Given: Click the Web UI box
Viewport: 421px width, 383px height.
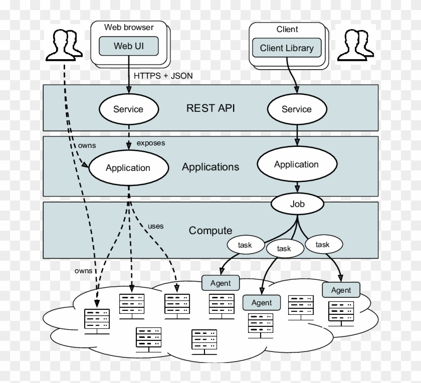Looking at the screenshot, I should pos(129,46).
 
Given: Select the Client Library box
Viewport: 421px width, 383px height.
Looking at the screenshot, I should pos(287,48).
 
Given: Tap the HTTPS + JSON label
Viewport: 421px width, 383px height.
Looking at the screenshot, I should pos(163,76).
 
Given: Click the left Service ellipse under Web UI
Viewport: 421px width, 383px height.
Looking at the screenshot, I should pos(128,109).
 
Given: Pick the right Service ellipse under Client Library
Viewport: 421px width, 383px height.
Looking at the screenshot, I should pos(296,109).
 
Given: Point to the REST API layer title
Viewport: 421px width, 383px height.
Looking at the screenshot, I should pos(210,108).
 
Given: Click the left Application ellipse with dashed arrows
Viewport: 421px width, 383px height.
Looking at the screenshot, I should pos(128,168).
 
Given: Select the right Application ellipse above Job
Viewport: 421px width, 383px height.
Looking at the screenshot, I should pos(296,164).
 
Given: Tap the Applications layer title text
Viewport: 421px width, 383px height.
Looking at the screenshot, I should pos(210,167).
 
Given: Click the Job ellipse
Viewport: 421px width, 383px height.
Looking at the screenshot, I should pos(297,204).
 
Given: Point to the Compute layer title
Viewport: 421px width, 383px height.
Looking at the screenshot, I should pos(210,231).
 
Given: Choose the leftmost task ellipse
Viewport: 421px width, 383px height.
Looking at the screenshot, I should pos(245,245).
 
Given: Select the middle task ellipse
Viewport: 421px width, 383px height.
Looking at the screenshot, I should pos(284,248).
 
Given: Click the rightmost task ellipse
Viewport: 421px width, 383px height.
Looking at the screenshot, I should pos(323,245).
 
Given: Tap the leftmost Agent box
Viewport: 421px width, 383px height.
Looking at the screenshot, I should pos(221,283).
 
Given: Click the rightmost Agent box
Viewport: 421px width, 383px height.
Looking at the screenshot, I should pos(341,290).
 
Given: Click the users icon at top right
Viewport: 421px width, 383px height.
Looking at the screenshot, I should pos(355,44).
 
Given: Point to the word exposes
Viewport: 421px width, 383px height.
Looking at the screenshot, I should pos(151,143).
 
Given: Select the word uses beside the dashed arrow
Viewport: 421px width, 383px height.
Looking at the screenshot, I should pos(155,226).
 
